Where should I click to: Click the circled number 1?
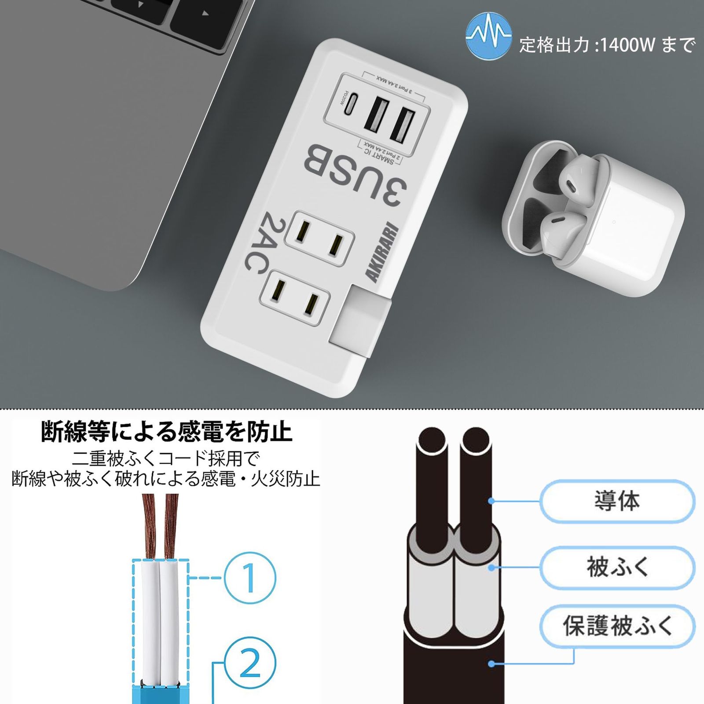coord(249,577)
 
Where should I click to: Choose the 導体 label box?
coord(617,501)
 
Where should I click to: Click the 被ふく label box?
coord(617,567)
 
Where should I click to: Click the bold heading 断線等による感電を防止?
coord(166,432)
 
